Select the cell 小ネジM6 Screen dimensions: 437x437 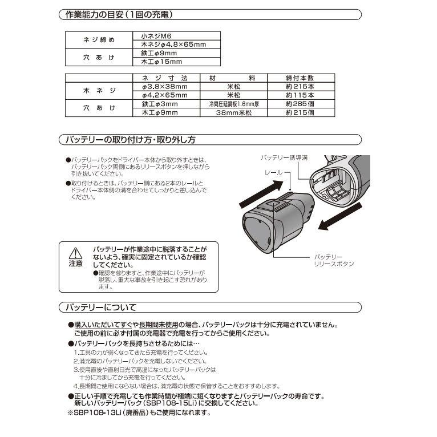pyautogui.click(x=155, y=35)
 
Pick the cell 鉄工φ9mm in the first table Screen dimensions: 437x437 pyautogui.click(x=159, y=53)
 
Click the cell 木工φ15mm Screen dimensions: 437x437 pyautogui.click(x=161, y=62)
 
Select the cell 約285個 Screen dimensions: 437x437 pyautogui.click(x=300, y=104)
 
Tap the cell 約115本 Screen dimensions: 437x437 pyautogui.click(x=300, y=95)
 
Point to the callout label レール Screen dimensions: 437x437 pyautogui.click(x=272, y=171)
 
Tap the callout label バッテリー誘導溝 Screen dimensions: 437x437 pyautogui.click(x=285, y=156)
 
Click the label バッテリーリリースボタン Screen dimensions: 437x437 pyautogui.click(x=334, y=261)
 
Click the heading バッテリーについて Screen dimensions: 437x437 pyautogui.click(x=100, y=308)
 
